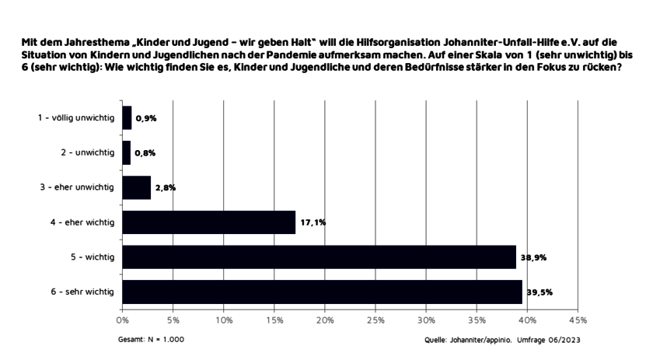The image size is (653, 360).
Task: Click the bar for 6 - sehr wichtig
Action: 322,292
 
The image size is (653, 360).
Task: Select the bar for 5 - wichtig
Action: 319,257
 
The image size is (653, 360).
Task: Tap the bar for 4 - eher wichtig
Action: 208,222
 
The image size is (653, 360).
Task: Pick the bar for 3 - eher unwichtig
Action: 136,187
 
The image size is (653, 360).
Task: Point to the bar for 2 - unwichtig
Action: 126,152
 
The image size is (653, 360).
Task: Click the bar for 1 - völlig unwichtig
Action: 127,118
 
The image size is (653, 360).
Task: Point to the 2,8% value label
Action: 165,187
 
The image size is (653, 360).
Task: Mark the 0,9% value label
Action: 145,118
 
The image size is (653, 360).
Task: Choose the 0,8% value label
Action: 145,152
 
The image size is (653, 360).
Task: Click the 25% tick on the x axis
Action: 375,320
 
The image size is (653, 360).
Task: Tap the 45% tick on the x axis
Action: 578,320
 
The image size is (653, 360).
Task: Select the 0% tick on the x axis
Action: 122,320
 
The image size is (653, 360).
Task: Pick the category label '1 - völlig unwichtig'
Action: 76,118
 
